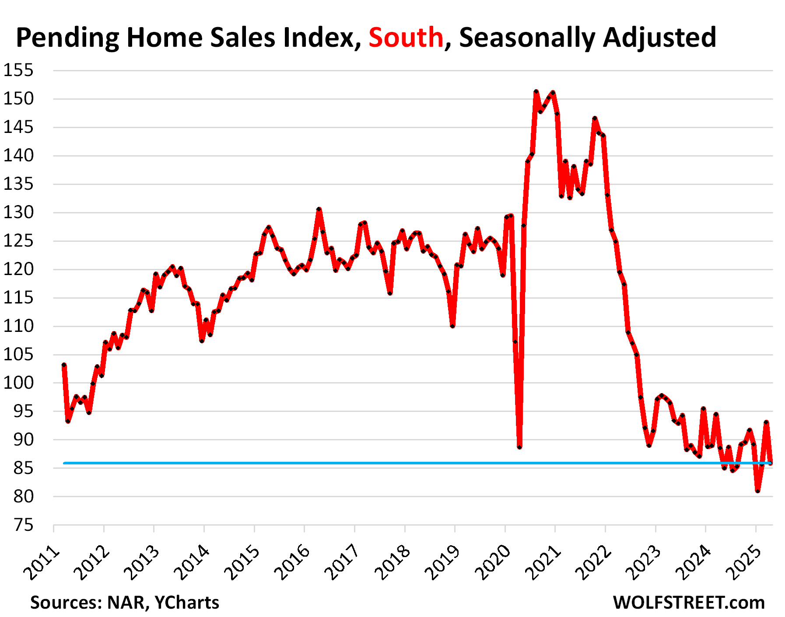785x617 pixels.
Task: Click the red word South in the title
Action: point(406,37)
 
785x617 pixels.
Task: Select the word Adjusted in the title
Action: point(659,38)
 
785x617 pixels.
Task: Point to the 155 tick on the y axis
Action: point(18,70)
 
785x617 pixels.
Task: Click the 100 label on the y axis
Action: point(18,383)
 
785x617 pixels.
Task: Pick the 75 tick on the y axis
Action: point(24,525)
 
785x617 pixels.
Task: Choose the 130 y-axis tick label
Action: point(18,213)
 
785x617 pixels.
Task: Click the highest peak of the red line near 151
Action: point(536,92)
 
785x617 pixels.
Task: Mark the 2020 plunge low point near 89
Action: point(519,447)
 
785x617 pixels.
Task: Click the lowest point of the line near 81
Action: point(757,491)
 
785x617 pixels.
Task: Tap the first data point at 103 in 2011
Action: point(64,365)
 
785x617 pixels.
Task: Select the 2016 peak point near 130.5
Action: point(319,209)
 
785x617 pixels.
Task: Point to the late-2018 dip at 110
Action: point(452,326)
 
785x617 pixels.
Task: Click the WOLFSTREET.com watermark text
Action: point(689,603)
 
